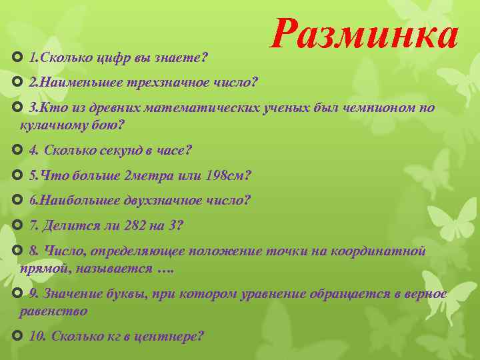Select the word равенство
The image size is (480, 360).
point(53,310)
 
